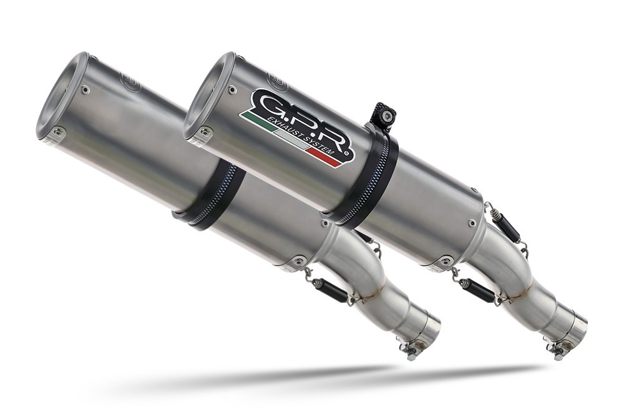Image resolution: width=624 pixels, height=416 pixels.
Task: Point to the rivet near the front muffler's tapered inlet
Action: pos(472,222)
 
